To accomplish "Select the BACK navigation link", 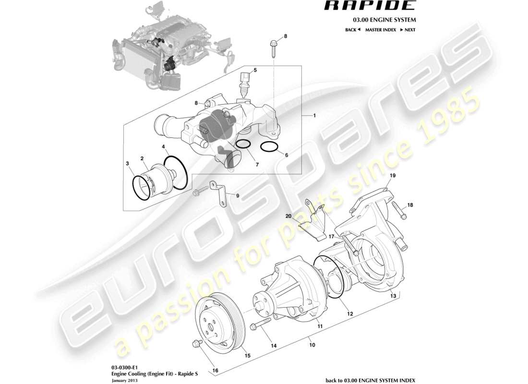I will pos(352,30).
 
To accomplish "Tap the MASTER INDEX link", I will pos(380,30).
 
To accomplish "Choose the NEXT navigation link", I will pos(408,30).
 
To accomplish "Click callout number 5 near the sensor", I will pos(255,70).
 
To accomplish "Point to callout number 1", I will pos(315,116).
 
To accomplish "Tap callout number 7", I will pos(257,165).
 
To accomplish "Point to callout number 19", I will pos(392,176).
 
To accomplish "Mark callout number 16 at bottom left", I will pos(215,371).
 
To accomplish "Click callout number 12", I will pos(350,313).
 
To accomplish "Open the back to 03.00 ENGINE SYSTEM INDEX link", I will pos(370,380).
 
